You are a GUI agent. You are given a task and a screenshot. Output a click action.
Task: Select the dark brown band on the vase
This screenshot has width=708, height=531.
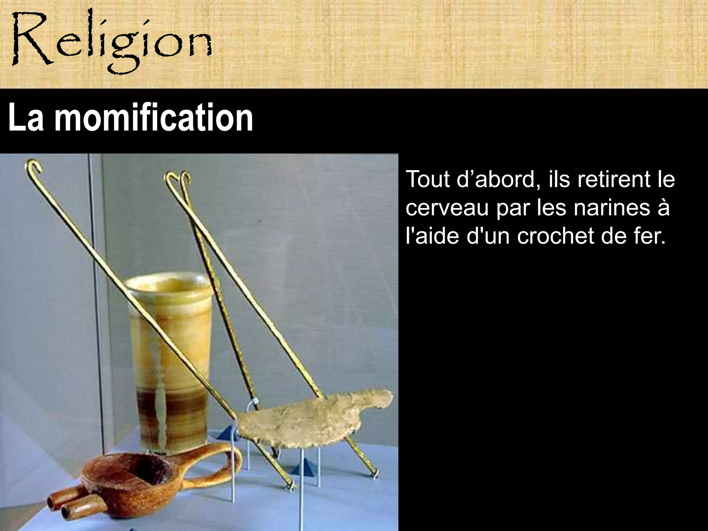[169, 401]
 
